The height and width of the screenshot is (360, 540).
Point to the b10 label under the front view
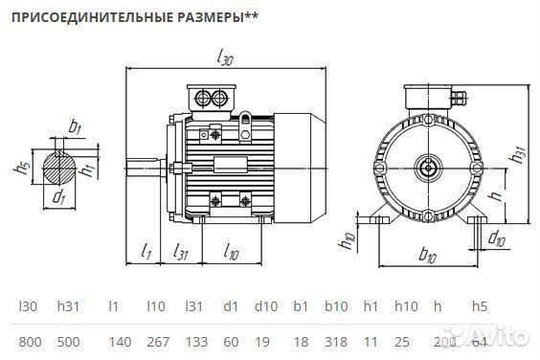click(x=427, y=256)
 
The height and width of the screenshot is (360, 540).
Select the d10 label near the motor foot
click(x=496, y=237)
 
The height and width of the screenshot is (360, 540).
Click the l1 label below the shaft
click(x=146, y=252)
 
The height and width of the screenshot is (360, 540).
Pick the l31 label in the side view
click(x=180, y=252)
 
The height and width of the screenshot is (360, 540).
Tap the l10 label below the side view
click(x=231, y=252)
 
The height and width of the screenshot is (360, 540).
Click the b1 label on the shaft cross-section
click(x=75, y=126)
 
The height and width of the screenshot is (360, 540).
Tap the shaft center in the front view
click(x=425, y=168)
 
